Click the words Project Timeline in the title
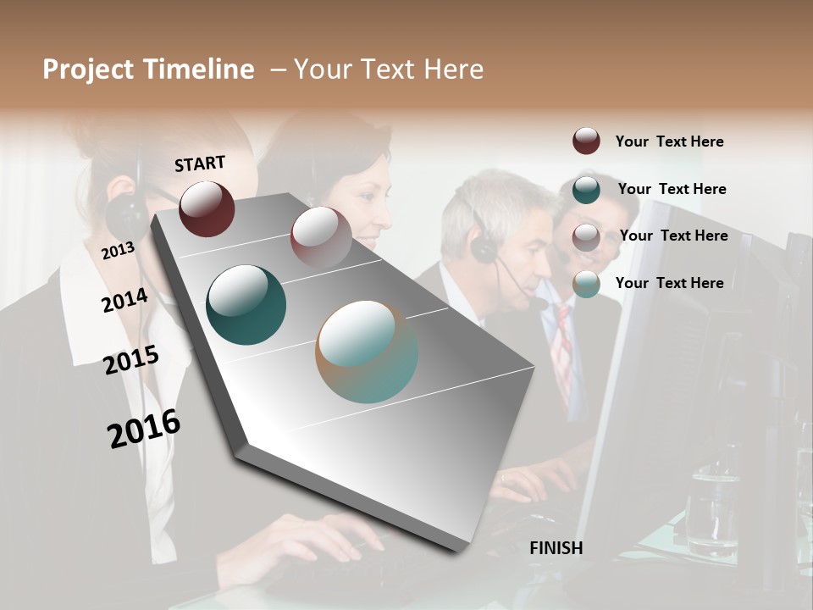[148, 69]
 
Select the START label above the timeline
[200, 164]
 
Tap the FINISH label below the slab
[556, 548]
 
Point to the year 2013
[118, 250]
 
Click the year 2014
[124, 300]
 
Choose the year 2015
[130, 360]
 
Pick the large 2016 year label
[144, 428]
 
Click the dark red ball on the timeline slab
[207, 208]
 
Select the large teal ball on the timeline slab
[246, 305]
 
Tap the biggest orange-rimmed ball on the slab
[367, 352]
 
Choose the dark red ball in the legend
[586, 141]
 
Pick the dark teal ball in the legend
[586, 189]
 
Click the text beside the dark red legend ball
[669, 141]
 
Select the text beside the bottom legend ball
[669, 283]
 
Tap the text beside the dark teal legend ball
[672, 189]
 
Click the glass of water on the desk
[711, 508]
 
